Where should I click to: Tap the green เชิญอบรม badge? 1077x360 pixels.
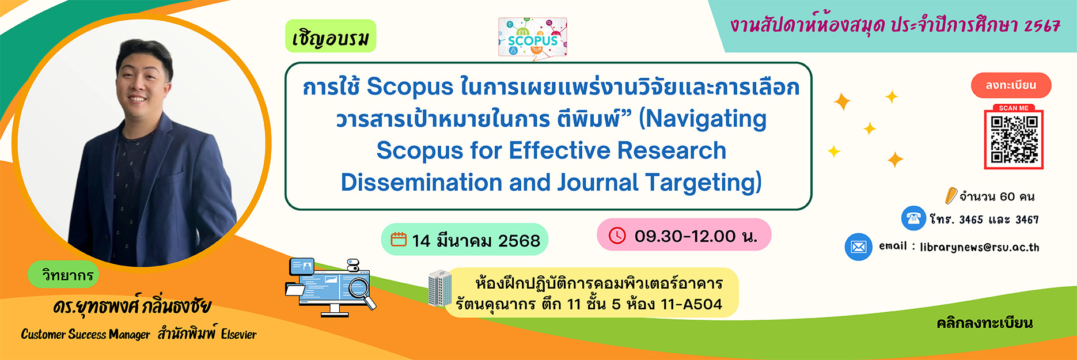(331, 36)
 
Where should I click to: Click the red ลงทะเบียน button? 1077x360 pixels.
(1011, 85)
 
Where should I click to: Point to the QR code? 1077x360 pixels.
(1014, 139)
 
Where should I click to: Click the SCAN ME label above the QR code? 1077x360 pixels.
(1014, 108)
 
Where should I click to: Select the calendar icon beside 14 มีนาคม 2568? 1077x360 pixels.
(399, 239)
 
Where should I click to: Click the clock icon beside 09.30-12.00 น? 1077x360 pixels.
(617, 235)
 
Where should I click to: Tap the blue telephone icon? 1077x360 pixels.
(913, 218)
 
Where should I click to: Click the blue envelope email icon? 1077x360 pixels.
(858, 247)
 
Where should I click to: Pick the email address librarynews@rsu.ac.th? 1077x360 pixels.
(980, 247)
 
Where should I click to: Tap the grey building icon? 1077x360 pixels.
(440, 288)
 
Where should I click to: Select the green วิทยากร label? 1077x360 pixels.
(67, 275)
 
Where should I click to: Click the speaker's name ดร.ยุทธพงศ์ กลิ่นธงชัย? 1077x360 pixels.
(132, 306)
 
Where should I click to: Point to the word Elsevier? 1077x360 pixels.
(238, 334)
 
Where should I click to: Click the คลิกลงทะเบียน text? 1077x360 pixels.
(984, 323)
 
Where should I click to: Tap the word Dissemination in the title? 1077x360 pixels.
(422, 183)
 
